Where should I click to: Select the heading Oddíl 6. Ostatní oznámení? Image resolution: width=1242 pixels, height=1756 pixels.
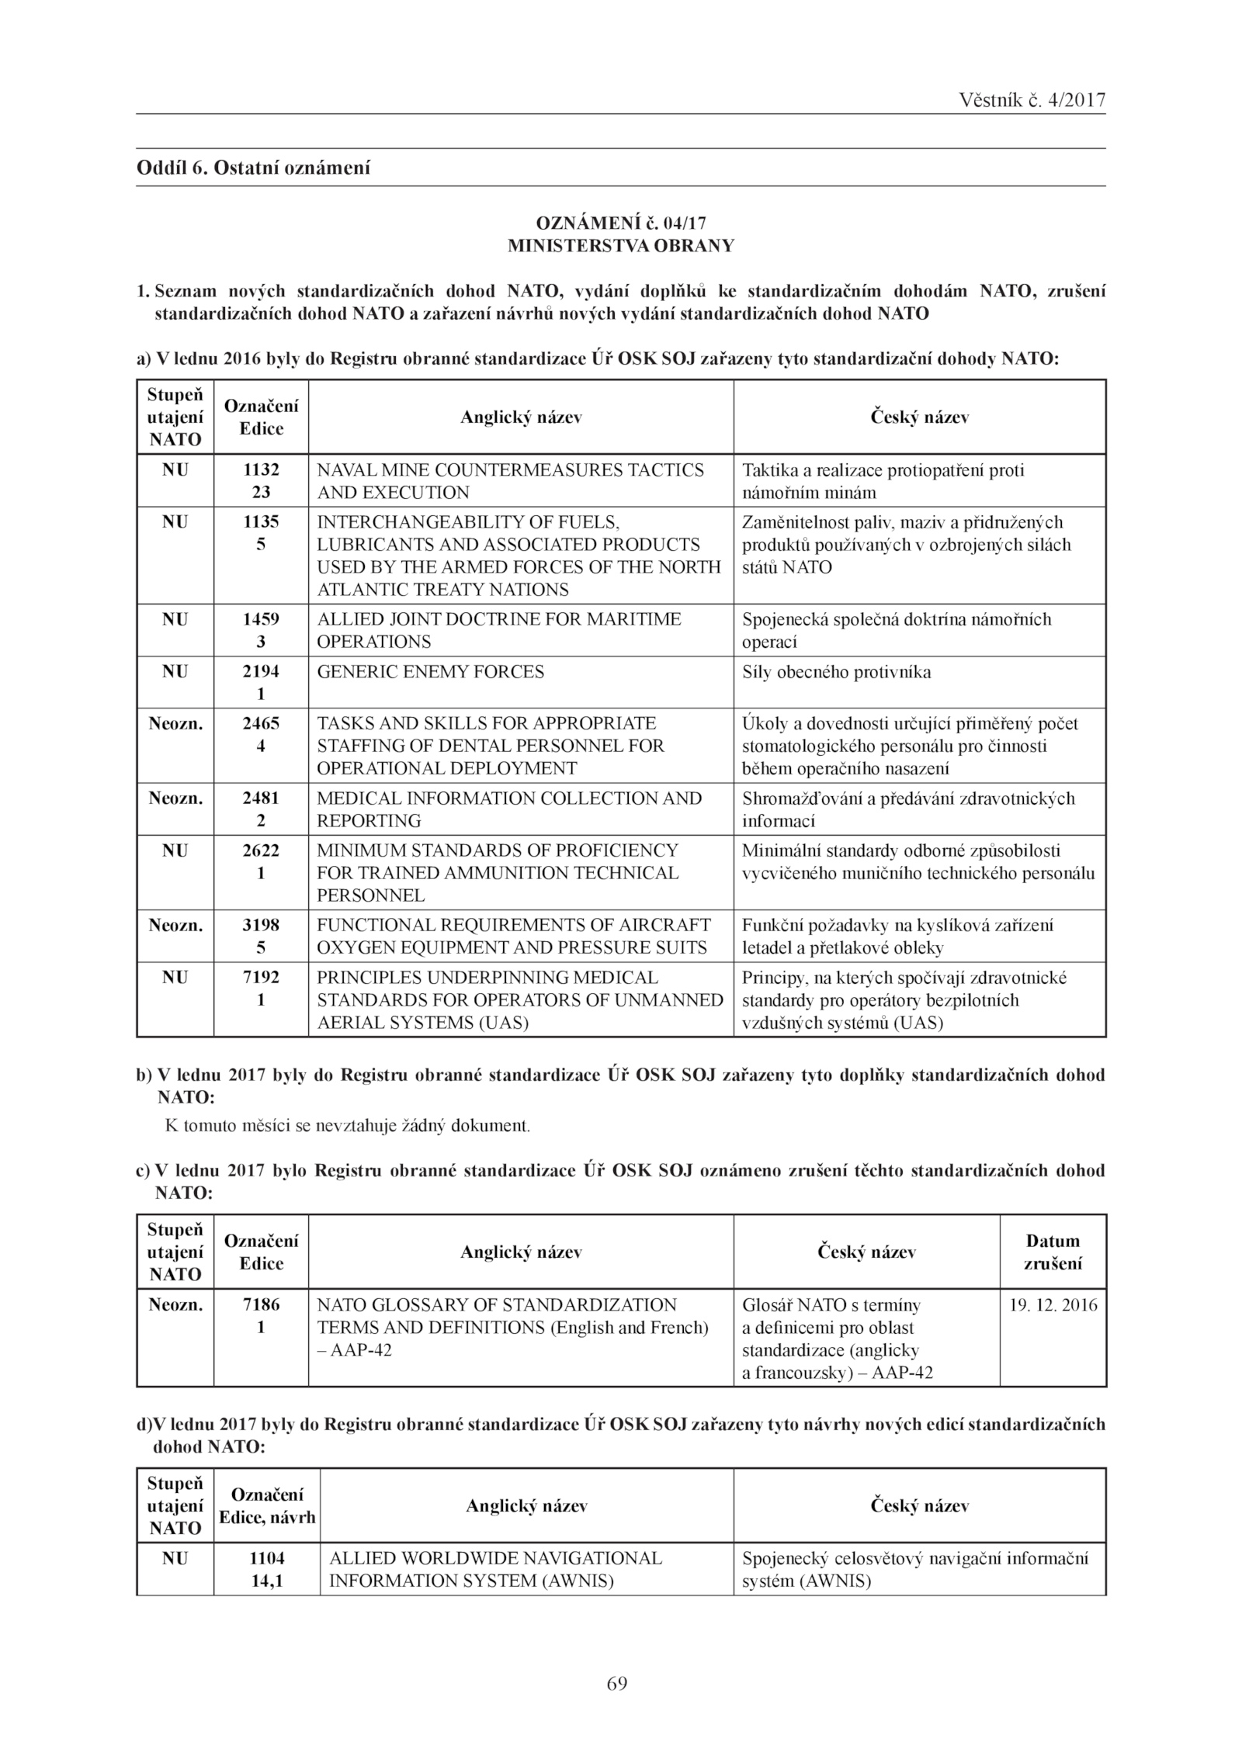[x=253, y=168]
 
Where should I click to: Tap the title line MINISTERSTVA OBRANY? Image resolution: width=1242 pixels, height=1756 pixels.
[x=620, y=246]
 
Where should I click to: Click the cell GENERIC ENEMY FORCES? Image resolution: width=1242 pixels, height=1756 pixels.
[x=430, y=672]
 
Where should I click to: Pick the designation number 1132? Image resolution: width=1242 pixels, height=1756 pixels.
[x=261, y=470]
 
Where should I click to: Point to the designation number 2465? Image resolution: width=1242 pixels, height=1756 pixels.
[x=261, y=724]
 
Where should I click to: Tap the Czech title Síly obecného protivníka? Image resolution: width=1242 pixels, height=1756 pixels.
[x=836, y=672]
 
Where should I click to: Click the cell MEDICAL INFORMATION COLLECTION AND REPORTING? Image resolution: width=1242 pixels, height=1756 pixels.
[x=508, y=809]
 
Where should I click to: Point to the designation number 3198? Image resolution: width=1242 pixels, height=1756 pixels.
[x=261, y=926]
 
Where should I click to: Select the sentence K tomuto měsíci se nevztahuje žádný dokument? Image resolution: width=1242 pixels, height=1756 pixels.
[x=348, y=1125]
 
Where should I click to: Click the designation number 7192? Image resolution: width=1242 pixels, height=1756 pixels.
[x=261, y=978]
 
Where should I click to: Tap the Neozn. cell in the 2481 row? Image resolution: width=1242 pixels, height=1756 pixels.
[x=175, y=798]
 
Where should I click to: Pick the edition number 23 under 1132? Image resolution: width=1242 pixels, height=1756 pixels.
[x=261, y=493]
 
